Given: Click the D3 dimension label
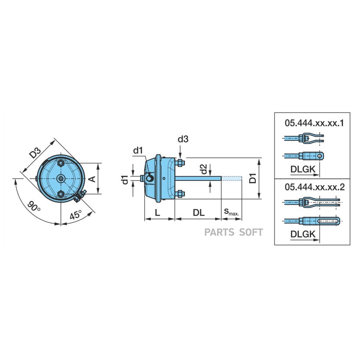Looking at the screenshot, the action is pyautogui.click(x=36, y=152).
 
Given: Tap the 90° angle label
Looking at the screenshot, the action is pyautogui.click(x=34, y=206).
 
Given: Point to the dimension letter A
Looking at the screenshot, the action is pyautogui.click(x=92, y=179).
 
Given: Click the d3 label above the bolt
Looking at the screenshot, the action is pyautogui.click(x=183, y=139).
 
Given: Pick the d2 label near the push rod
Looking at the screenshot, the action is pyautogui.click(x=204, y=169).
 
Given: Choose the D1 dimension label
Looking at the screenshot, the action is pyautogui.click(x=252, y=178).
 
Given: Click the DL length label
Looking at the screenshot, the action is pyautogui.click(x=198, y=213).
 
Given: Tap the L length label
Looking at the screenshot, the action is pyautogui.click(x=157, y=213).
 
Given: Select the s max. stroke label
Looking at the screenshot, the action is pyautogui.click(x=232, y=212).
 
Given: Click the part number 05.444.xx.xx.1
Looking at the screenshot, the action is pyautogui.click(x=314, y=123).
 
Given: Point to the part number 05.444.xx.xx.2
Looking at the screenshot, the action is pyautogui.click(x=315, y=187).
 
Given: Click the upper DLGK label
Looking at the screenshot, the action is pyautogui.click(x=303, y=170).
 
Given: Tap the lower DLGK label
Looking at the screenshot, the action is pyautogui.click(x=303, y=234).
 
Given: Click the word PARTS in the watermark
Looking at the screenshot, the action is pyautogui.click(x=219, y=232).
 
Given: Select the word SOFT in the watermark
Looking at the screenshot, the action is pyautogui.click(x=251, y=232).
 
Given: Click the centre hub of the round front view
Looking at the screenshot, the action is pyautogui.click(x=61, y=178).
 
